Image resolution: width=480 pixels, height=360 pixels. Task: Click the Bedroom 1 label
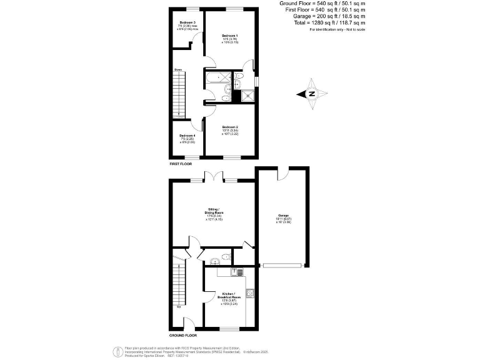pyautogui.click(x=229, y=36)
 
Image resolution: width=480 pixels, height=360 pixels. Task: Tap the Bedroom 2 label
pyautogui.click(x=230, y=127)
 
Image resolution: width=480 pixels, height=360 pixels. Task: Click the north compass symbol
pyautogui.click(x=311, y=94)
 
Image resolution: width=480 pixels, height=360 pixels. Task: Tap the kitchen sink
pyautogui.click(x=237, y=272)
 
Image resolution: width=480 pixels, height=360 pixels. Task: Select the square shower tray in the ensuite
pyautogui.click(x=249, y=94)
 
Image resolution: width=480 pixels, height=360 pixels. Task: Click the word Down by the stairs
pyautogui.click(x=178, y=69)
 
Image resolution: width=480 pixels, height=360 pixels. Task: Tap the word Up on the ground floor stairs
pyautogui.click(x=179, y=307)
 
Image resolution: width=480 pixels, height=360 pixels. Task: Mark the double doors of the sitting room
pyautogui.click(x=214, y=177)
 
